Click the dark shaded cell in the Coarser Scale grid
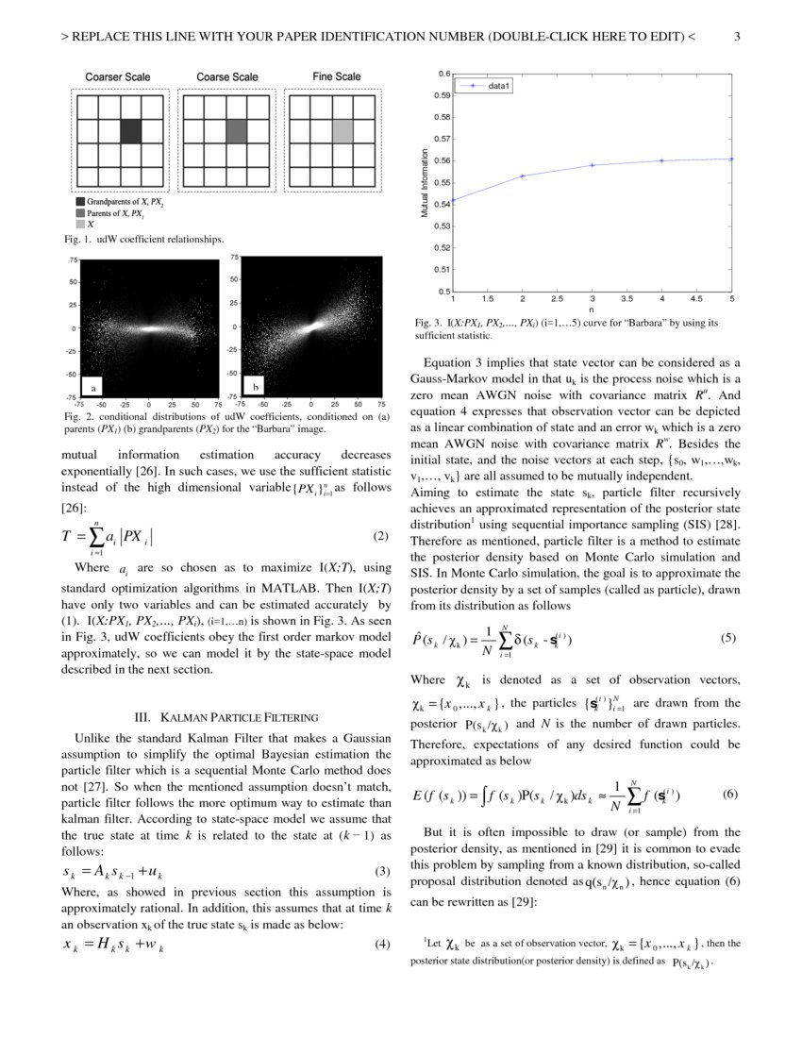pos(131,131)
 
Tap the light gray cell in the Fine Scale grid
pos(342,131)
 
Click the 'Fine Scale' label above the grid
pos(336,76)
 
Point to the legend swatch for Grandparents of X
pos(80,202)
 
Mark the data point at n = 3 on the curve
pos(593,165)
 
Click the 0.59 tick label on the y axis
pos(442,95)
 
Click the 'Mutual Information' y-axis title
pos(426,186)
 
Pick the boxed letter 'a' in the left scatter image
pos(93,388)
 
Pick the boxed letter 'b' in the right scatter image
pos(256,387)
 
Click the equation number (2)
pos(380,537)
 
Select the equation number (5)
pos(727,638)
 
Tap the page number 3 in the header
pos(737,38)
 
